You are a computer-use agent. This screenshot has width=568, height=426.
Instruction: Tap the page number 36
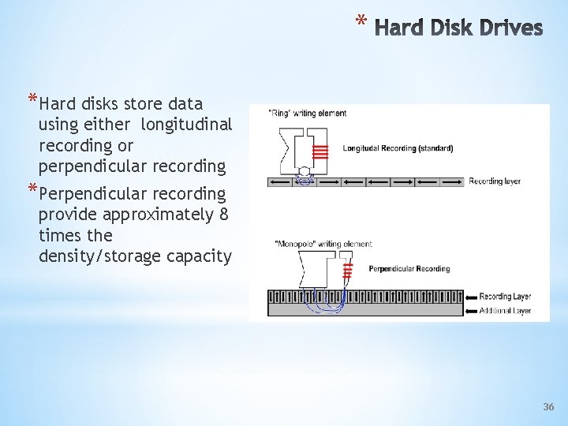549,407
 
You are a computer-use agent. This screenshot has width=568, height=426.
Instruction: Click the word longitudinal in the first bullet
186,125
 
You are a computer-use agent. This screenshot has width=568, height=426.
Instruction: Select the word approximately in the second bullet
165,215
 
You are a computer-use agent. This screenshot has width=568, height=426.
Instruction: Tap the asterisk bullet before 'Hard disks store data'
32,101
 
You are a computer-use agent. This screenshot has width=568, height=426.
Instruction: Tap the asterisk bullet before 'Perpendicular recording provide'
32,191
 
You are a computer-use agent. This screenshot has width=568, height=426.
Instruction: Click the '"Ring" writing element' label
308,114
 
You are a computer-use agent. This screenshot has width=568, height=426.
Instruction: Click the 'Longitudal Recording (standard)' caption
398,148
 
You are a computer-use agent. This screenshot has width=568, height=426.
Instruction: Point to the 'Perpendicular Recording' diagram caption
409,269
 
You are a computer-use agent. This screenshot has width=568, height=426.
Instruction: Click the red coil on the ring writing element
319,151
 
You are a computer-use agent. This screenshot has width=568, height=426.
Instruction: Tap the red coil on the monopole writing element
346,272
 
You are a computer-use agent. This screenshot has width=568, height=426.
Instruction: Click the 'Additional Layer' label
505,311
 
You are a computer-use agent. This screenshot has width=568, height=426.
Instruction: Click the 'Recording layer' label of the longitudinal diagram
495,181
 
